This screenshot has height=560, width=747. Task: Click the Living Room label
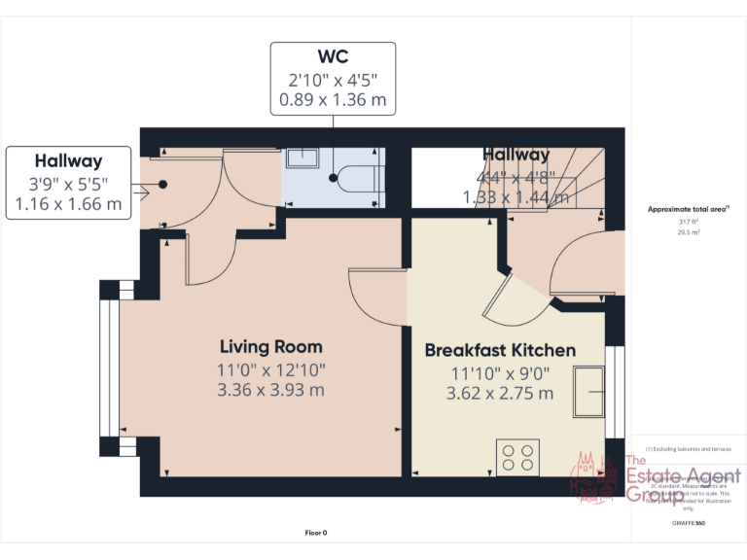(x=270, y=347)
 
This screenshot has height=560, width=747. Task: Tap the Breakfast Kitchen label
(x=500, y=350)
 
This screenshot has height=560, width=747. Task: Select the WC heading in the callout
(x=333, y=56)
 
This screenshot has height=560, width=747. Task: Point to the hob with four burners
(x=517, y=457)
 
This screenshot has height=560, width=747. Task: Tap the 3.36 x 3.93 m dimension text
(x=270, y=390)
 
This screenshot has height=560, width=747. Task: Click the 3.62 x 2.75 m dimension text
(x=500, y=393)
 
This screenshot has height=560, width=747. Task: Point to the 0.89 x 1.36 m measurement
(x=333, y=99)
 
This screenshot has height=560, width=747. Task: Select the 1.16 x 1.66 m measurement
(x=68, y=204)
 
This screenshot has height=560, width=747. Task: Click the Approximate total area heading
(x=688, y=209)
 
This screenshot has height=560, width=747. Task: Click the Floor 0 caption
(x=316, y=532)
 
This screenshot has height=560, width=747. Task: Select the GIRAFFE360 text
(x=688, y=523)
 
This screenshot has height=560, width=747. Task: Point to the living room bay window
(x=109, y=368)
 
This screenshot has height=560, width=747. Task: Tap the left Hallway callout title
(x=68, y=161)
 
